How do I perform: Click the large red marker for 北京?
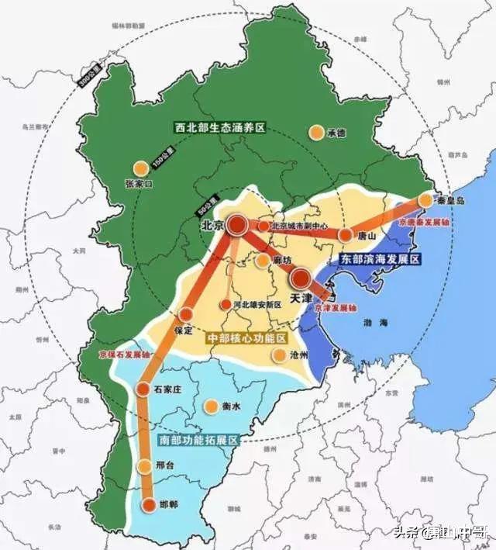[x=236, y=226]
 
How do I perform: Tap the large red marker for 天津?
[x=299, y=279]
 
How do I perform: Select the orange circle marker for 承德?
[x=315, y=133]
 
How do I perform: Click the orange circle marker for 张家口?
[x=140, y=168]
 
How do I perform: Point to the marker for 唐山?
[x=345, y=234]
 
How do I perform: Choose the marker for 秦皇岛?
[x=425, y=200]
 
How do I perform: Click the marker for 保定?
[x=184, y=314]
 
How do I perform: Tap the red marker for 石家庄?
[x=143, y=389]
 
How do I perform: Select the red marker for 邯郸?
[x=147, y=505]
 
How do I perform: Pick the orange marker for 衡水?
[x=210, y=406]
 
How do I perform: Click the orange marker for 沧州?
[x=279, y=355]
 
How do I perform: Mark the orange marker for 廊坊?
[x=263, y=260]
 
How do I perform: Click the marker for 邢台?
[x=144, y=466]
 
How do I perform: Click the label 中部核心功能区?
[x=246, y=339]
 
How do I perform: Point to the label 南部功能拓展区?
[x=198, y=439]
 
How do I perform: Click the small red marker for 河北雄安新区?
[x=226, y=305]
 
